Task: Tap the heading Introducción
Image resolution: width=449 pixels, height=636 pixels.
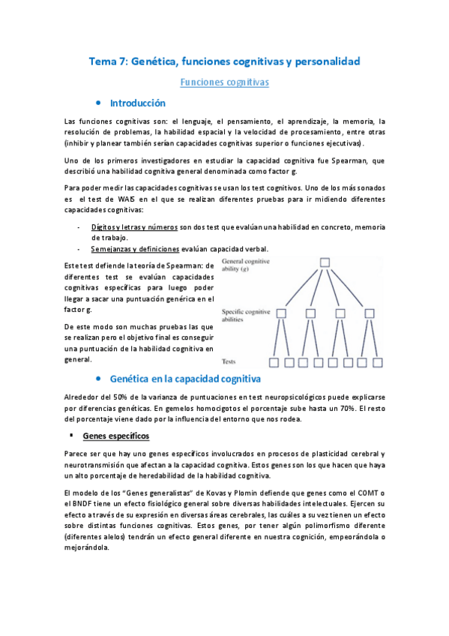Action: (x=138, y=103)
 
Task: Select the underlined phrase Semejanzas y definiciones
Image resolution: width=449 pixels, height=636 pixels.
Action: (x=135, y=249)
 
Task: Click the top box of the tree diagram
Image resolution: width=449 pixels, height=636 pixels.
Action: (x=325, y=262)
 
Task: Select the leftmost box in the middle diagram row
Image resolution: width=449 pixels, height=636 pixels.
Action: (x=282, y=313)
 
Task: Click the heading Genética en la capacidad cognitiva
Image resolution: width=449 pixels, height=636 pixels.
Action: (x=184, y=379)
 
